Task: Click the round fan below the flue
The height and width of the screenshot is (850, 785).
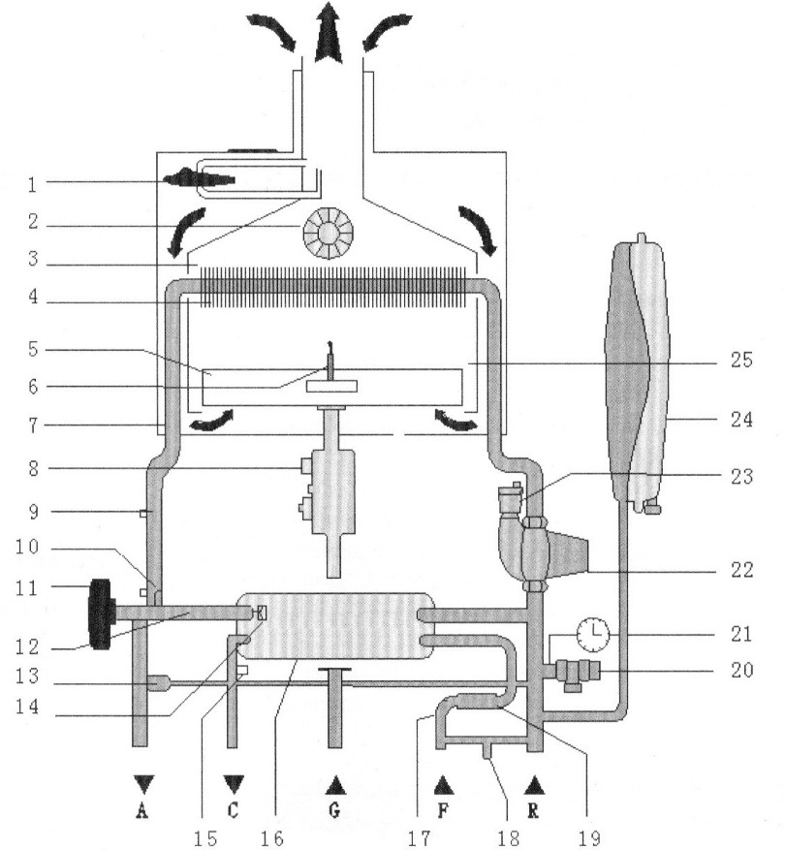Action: [x=328, y=234]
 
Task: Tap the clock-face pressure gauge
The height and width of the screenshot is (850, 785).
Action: [x=593, y=634]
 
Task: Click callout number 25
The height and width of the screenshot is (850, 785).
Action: [x=741, y=360]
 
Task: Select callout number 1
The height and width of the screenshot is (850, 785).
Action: [x=33, y=185]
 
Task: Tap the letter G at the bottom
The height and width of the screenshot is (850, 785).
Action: [x=334, y=810]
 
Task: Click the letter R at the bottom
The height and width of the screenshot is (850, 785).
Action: [x=533, y=810]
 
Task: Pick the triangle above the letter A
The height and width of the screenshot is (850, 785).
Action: [x=143, y=784]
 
